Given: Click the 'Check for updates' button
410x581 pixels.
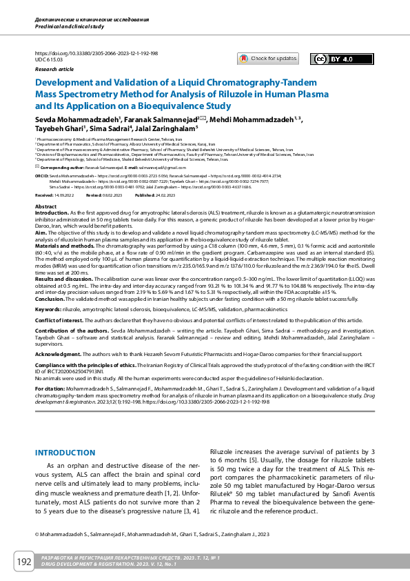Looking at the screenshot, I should pyautogui.click(x=268, y=59).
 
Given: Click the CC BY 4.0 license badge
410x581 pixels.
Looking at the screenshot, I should pyautogui.click(x=334, y=59).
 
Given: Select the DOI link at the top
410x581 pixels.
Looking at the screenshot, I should pyautogui.click(x=96, y=53).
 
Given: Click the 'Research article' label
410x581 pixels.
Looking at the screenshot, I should pyautogui.click(x=54, y=70).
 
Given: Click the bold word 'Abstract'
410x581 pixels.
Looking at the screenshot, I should pyautogui.click(x=45, y=207).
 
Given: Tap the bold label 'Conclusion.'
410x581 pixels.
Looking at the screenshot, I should pyautogui.click(x=50, y=299).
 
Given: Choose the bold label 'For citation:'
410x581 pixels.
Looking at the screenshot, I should pyautogui.click(x=52, y=388).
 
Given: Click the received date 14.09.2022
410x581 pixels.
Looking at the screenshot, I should pyautogui.click(x=64, y=195).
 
